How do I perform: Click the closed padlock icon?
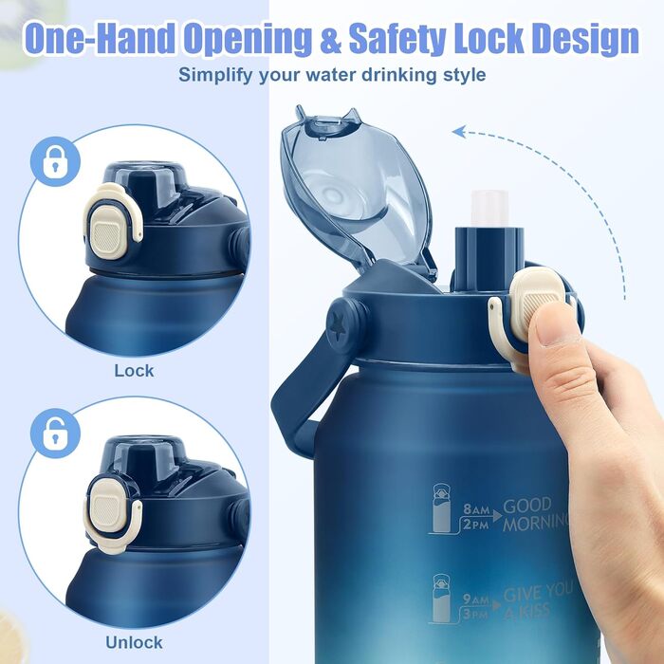(x=55, y=161)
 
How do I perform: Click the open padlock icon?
(x=55, y=433)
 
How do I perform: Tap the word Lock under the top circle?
(x=134, y=371)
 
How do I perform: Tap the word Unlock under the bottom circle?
(x=134, y=643)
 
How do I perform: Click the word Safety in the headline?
(x=397, y=39)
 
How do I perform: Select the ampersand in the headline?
(x=330, y=39)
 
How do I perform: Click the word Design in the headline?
(x=585, y=39)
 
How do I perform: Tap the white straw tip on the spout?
(x=489, y=208)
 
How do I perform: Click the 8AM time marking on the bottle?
(x=476, y=508)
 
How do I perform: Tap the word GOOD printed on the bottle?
(x=527, y=506)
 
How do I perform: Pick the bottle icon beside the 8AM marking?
(x=441, y=507)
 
